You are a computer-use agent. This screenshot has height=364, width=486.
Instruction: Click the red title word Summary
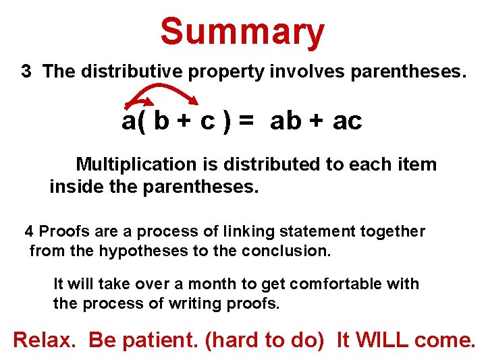[242, 32]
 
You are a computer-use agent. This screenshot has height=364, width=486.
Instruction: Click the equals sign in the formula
[246, 121]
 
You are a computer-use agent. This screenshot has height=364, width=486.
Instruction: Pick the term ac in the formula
[348, 121]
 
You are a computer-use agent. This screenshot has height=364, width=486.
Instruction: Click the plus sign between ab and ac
[318, 122]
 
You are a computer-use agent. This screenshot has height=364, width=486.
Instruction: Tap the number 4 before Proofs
[29, 232]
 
